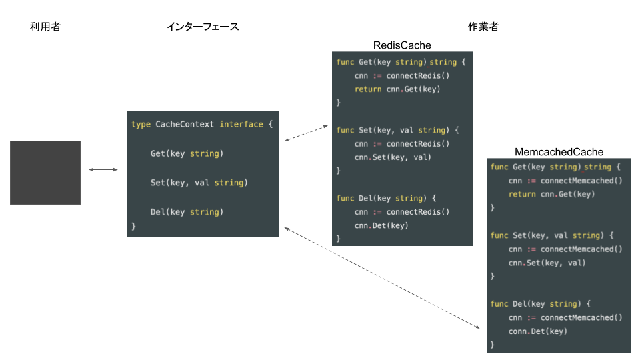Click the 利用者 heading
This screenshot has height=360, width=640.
45,27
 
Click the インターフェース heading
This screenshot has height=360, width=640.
203,27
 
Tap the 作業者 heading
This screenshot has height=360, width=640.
483,27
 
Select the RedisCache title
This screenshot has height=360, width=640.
402,45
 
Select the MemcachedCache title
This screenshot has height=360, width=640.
559,153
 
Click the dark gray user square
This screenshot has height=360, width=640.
45,172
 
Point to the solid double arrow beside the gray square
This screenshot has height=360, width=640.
103,170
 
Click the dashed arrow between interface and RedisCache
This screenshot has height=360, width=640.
307,131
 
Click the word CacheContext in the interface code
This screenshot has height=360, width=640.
185,125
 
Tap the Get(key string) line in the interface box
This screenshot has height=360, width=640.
187,154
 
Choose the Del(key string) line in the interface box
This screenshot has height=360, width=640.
187,212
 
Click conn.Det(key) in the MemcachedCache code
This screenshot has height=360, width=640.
537,331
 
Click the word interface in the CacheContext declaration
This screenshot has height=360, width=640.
241,125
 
